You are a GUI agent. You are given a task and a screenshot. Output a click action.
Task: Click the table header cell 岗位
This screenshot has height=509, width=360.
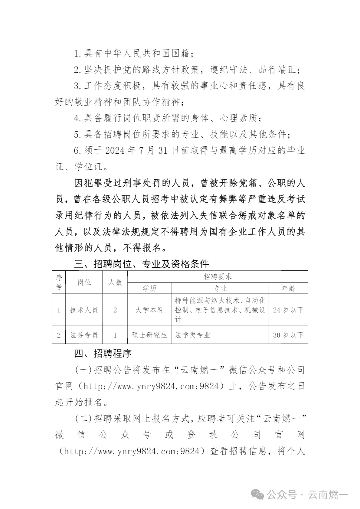84,282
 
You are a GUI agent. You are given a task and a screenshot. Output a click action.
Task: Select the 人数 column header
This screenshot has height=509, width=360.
115,282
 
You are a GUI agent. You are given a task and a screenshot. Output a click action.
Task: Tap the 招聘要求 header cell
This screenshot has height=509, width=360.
218,277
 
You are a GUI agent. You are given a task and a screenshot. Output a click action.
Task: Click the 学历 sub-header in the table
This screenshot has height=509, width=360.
149,288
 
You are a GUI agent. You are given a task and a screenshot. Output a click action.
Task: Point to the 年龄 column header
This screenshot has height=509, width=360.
288,288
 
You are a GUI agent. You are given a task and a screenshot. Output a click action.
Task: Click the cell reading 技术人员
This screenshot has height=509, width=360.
84,310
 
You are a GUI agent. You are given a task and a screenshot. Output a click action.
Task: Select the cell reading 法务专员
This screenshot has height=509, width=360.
84,335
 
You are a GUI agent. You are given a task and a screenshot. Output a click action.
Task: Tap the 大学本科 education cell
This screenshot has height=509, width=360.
149,310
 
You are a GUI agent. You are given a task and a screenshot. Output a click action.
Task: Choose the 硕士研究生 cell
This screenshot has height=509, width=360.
149,335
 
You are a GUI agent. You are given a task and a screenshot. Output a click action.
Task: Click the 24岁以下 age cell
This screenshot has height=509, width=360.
288,310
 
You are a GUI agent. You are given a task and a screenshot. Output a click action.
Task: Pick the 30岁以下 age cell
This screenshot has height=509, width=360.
288,335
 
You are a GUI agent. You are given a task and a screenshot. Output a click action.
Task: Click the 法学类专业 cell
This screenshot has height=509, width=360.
193,335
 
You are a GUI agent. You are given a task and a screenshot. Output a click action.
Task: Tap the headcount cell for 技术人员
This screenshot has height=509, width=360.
115,310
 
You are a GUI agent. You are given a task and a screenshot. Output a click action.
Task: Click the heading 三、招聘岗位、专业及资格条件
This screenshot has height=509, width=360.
141,264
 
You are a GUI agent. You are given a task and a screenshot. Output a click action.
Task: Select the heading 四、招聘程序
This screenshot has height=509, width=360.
103,353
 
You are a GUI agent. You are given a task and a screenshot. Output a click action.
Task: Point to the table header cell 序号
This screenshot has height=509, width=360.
59,282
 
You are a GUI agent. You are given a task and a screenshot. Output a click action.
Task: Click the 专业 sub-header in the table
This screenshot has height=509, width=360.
220,288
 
